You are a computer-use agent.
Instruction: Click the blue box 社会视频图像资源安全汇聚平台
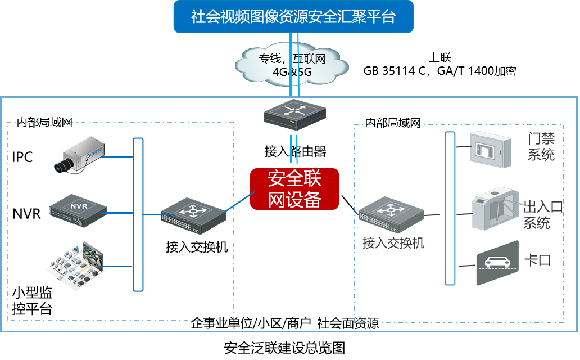click(293, 16)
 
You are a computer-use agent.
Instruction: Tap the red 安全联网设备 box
click(294, 189)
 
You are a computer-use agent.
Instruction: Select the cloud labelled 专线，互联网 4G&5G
click(292, 64)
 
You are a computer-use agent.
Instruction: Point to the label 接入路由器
click(295, 151)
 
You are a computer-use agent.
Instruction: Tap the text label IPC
click(22, 157)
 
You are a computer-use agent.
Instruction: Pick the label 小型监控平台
click(32, 300)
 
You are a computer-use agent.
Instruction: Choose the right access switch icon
click(392, 214)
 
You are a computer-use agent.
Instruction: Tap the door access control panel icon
click(491, 148)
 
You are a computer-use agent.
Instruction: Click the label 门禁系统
click(541, 146)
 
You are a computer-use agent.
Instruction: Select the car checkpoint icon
click(497, 263)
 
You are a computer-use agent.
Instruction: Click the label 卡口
click(537, 260)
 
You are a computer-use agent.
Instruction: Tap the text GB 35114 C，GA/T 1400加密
click(439, 71)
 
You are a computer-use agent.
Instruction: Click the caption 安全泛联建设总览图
click(284, 348)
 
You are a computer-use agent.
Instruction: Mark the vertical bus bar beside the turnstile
click(449, 208)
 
